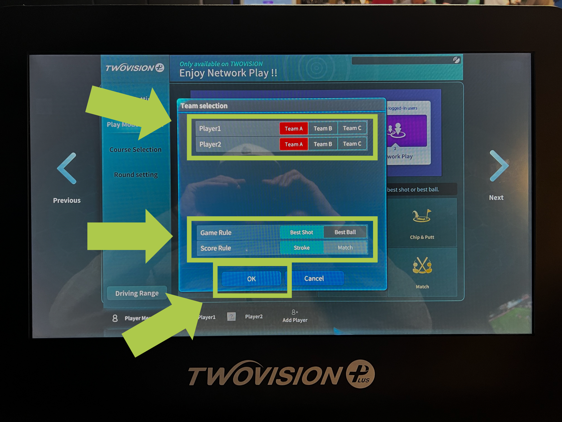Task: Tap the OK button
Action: tap(251, 279)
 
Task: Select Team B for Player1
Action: tap(323, 129)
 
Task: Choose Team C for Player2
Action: tap(352, 144)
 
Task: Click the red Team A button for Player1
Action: tap(294, 129)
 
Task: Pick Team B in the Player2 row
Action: tap(323, 144)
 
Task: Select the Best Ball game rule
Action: tap(345, 232)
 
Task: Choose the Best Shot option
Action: tap(302, 232)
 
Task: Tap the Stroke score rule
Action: tap(302, 248)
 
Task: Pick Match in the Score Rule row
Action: tap(345, 248)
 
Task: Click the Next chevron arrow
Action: tap(499, 166)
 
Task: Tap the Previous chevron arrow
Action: tap(67, 168)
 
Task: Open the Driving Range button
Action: tap(137, 293)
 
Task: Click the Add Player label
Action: tap(295, 320)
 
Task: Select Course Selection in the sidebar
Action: tap(135, 150)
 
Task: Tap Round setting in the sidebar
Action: tap(136, 175)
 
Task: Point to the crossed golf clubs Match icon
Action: tap(422, 265)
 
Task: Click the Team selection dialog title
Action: tap(204, 106)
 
